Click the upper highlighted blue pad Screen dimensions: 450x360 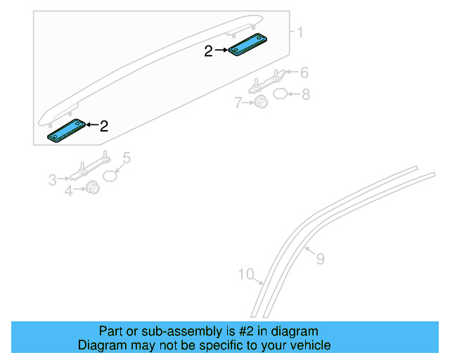pos(247,44)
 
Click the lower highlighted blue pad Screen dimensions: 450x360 pos(67,131)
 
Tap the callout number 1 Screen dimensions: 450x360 pos(300,32)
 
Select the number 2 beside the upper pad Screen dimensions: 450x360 pos(208,51)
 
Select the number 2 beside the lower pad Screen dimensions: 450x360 pos(104,127)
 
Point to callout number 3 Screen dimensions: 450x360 pos(52,180)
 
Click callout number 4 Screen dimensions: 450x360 pos(68,191)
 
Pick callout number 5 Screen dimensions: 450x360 pos(127,158)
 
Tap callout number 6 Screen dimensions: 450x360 pos(304,72)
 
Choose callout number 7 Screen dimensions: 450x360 pos(238,103)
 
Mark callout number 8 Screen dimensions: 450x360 pos(306,94)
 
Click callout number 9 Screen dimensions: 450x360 pos(321,259)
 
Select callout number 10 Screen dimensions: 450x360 pos(246,274)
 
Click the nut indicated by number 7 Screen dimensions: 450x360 pos(261,102)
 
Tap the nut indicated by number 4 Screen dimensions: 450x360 pos(92,188)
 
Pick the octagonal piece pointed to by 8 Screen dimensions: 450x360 pos(280,94)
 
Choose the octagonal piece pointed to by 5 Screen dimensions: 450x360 pos(110,176)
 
